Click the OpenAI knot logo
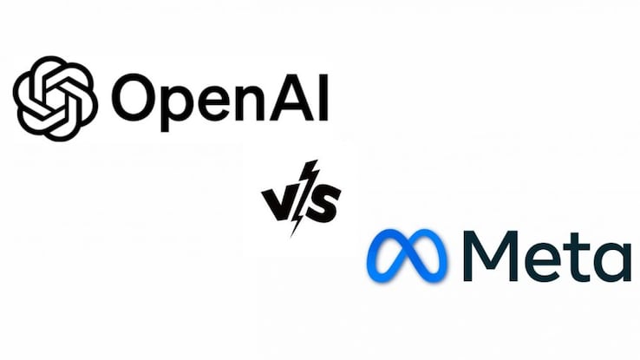[x=56, y=98]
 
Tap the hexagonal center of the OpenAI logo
[x=56, y=98]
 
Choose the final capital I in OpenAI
[x=323, y=98]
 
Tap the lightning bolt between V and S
[x=303, y=199]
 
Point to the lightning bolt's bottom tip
[x=291, y=237]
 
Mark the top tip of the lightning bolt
[x=317, y=160]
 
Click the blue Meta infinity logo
[x=407, y=256]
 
